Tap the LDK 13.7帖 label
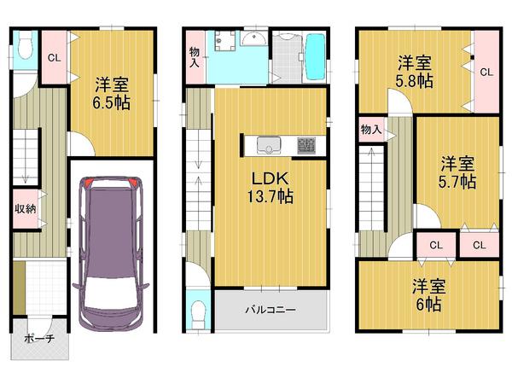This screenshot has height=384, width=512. pyautogui.click(x=271, y=188)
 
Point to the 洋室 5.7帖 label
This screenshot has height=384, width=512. pyautogui.click(x=457, y=172)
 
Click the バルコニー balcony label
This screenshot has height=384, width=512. pyautogui.click(x=271, y=311)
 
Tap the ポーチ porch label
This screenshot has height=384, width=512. pyautogui.click(x=39, y=338)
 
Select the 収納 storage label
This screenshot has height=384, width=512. pyautogui.click(x=25, y=209)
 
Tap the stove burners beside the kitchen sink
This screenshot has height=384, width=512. pyautogui.click(x=305, y=146)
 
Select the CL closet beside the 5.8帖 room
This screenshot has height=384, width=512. pyautogui.click(x=486, y=72)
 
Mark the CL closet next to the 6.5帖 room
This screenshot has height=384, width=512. pyautogui.click(x=53, y=58)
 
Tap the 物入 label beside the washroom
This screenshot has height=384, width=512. pyautogui.click(x=195, y=56)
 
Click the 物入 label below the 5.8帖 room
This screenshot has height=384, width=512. pyautogui.click(x=370, y=130)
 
